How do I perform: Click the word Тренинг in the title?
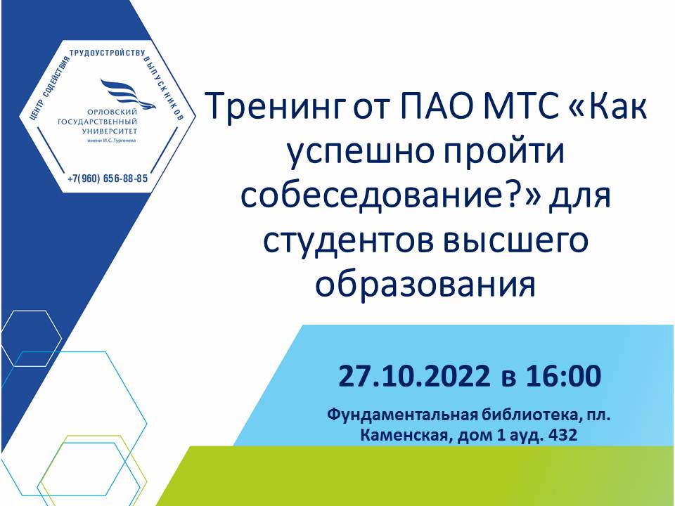tap(277, 107)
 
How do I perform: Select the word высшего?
tap(515, 241)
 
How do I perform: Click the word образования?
tap(425, 284)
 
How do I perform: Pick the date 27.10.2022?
tap(413, 375)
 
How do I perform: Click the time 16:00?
tap(563, 375)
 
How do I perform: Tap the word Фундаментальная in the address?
tap(403, 415)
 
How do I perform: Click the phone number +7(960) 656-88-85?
tap(108, 178)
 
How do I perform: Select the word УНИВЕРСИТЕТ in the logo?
tap(109, 131)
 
